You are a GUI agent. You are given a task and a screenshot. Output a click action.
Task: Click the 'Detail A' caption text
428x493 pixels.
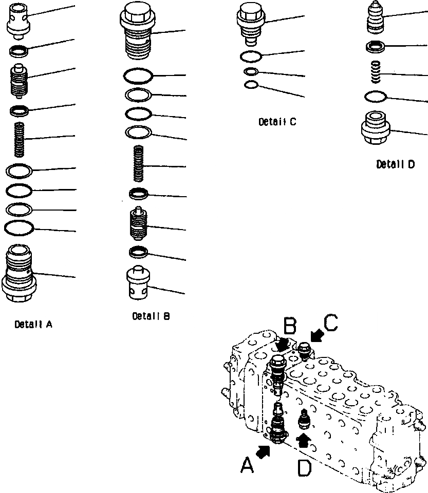pos(33,324)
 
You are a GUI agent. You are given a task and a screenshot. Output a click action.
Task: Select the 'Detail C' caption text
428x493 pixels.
pos(277,122)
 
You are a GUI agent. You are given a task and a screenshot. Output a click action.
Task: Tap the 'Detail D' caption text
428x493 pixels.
pos(395,164)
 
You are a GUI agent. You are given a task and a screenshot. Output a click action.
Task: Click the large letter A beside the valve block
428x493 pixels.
pos(248,466)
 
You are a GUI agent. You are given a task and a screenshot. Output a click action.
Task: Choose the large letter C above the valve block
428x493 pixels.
pos(330,322)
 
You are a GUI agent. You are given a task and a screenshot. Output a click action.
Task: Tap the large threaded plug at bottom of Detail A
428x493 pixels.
pos(19,274)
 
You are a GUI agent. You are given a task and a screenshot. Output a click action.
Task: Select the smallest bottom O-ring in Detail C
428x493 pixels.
pos(251,84)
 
